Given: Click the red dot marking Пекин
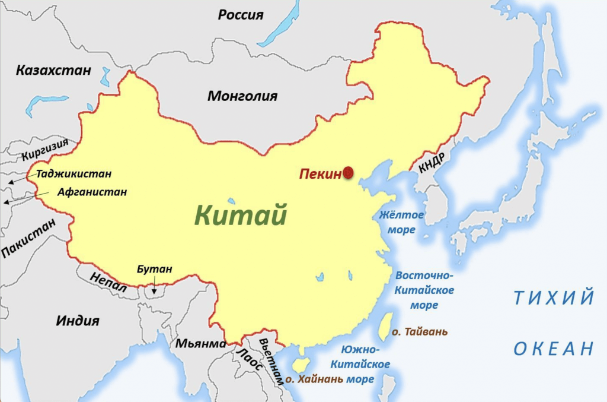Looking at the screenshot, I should point(348,172).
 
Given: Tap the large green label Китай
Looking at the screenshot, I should point(241,215).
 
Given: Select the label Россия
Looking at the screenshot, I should point(240,15).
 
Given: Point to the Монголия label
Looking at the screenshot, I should point(242,96).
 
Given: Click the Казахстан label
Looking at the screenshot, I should point(53,71).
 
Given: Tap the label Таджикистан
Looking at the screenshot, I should point(74,175).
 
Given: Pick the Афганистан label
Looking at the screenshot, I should point(92,192).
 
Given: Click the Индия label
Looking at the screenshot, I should point(78,321).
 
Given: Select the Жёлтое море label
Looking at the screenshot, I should point(401,222).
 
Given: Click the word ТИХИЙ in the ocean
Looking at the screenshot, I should point(554,297).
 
